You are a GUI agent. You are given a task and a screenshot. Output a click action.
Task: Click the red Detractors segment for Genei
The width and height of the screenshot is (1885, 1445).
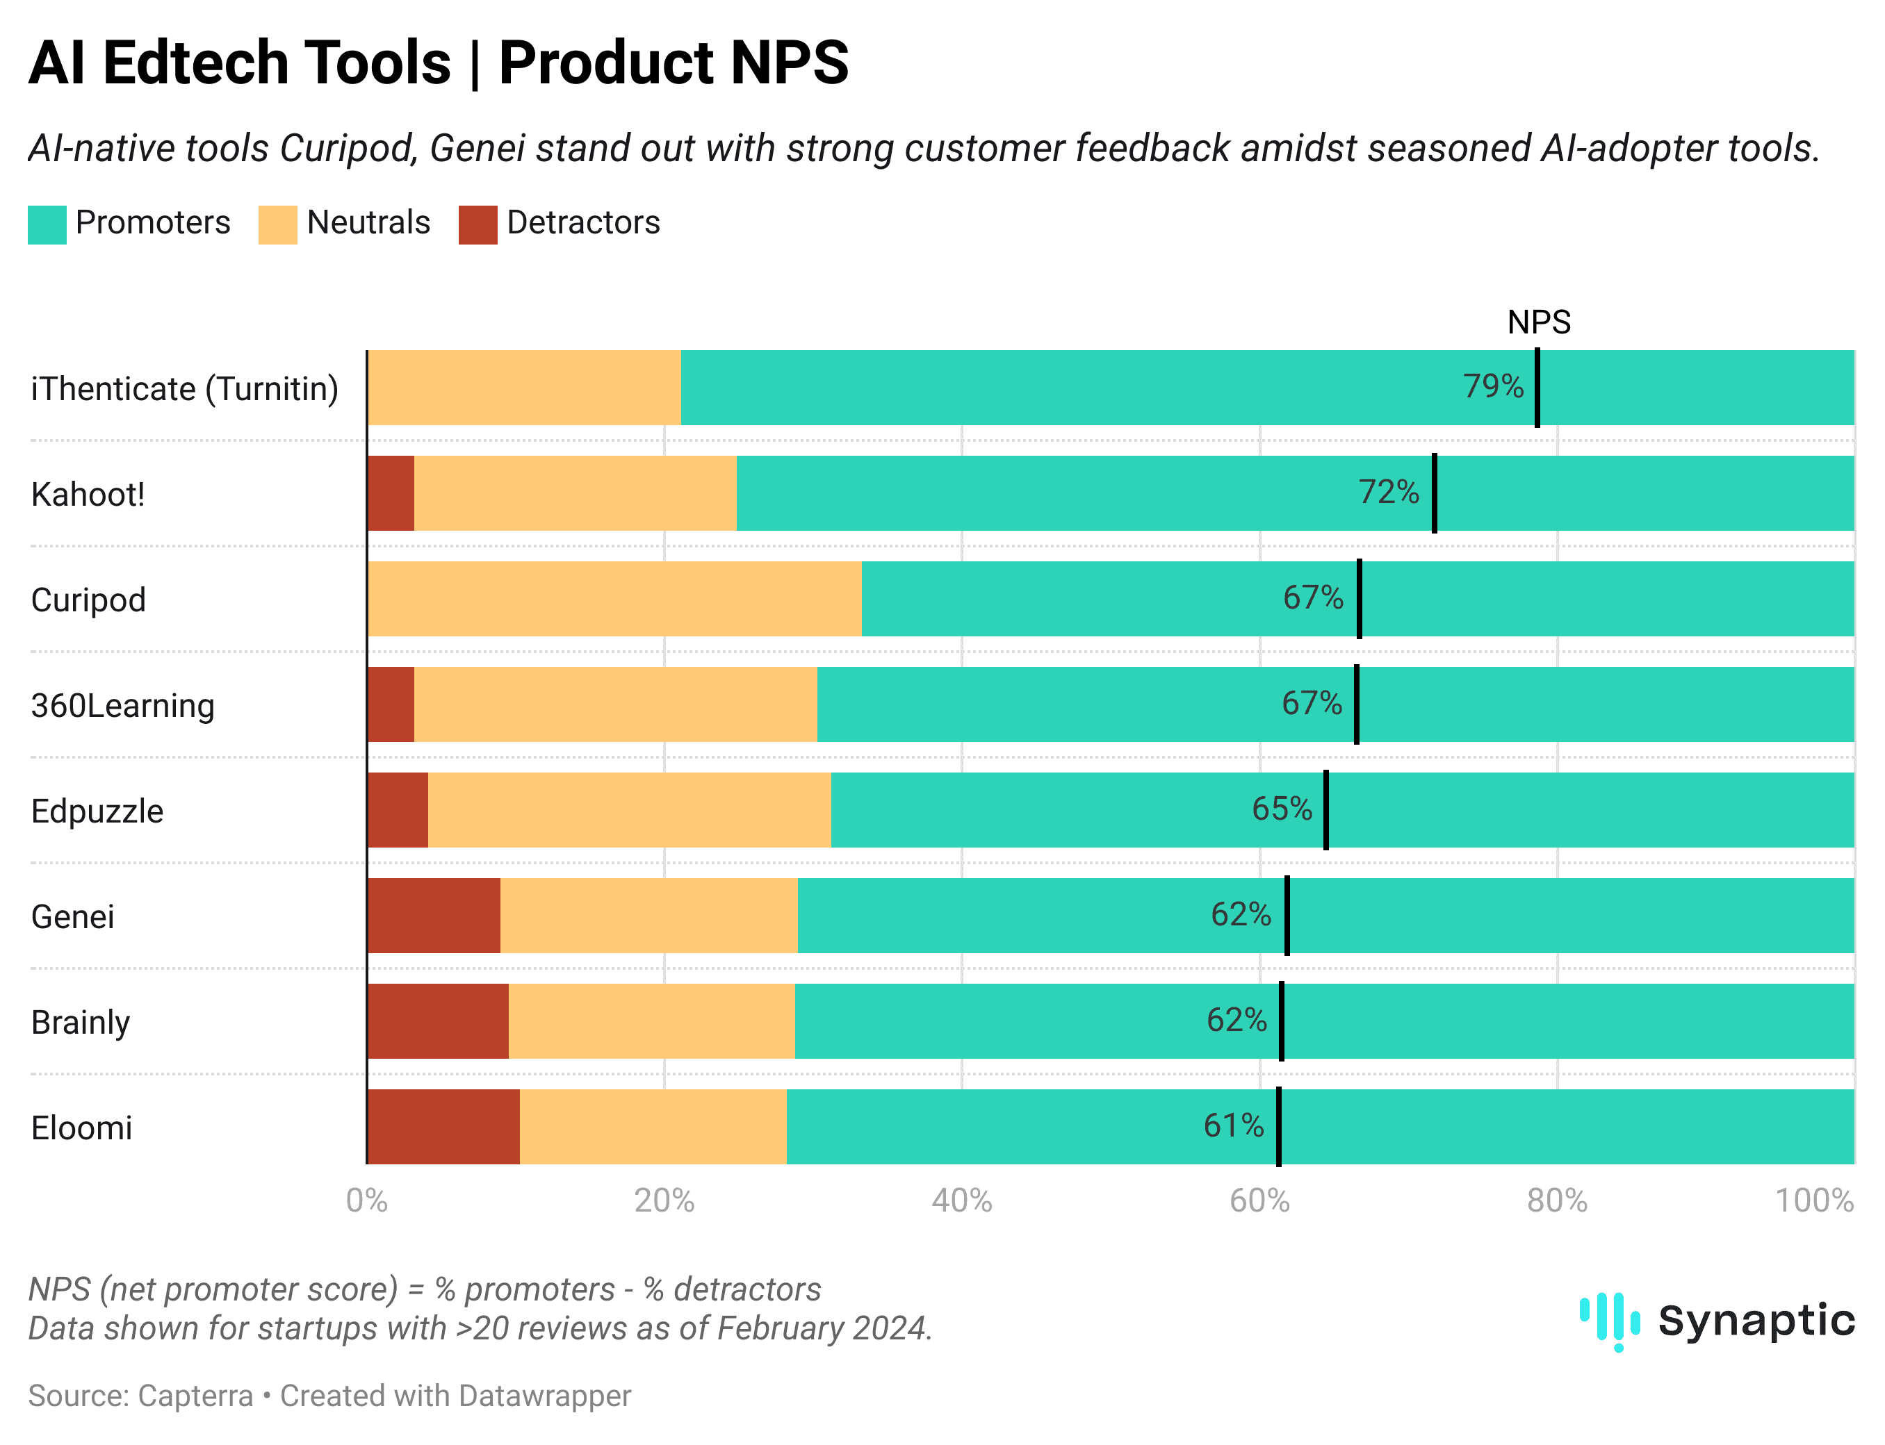(433, 915)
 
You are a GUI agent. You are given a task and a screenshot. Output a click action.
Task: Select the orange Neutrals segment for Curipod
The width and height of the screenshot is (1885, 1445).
(614, 599)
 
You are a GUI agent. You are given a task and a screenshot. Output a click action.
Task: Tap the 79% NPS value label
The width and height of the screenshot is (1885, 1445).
(1493, 386)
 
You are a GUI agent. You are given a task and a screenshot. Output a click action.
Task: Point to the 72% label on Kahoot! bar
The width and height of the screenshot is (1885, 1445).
(1388, 492)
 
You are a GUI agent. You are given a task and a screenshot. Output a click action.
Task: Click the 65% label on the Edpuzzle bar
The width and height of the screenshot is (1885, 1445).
(1281, 809)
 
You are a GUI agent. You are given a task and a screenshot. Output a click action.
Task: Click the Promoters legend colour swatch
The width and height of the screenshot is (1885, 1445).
(47, 224)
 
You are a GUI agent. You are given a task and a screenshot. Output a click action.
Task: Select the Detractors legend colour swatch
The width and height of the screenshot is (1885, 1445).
(478, 224)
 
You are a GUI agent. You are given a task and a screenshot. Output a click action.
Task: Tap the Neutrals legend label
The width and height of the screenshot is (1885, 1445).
(368, 223)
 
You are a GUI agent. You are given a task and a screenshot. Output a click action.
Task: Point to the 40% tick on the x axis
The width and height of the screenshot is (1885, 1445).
(961, 1200)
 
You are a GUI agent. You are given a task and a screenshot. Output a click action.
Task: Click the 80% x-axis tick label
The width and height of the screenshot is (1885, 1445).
(1556, 1200)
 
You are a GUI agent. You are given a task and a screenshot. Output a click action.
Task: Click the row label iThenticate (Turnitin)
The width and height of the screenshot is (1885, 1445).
(185, 389)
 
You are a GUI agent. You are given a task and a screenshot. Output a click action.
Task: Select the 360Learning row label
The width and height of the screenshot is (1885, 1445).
(123, 705)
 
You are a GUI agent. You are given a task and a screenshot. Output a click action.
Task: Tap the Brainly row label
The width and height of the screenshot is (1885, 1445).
(81, 1023)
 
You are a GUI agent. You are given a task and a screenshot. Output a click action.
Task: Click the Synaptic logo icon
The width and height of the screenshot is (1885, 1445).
(1609, 1320)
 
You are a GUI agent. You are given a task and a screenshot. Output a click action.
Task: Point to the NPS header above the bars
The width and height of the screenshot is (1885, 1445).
(1538, 322)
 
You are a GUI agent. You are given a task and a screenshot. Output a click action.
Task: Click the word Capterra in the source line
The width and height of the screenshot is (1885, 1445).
(195, 1395)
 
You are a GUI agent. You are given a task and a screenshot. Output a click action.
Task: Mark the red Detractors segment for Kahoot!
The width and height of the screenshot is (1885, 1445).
(391, 493)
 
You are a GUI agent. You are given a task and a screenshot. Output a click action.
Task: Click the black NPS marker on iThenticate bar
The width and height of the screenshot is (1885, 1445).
(1537, 387)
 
